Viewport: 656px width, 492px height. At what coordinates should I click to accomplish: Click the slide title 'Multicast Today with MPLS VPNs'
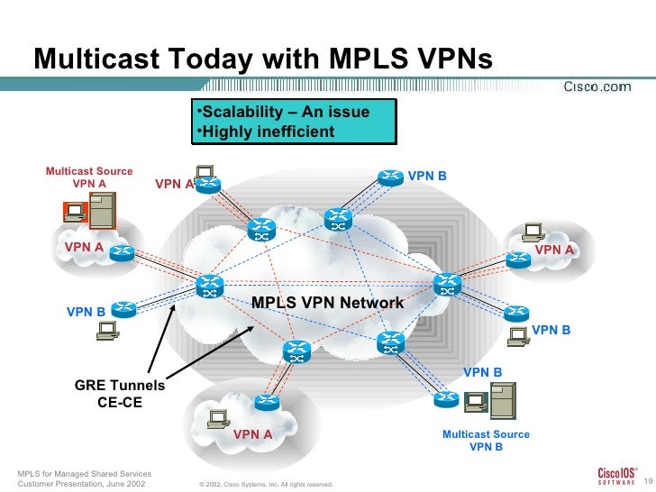pos(263,59)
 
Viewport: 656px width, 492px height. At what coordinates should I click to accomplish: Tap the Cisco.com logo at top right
pos(597,87)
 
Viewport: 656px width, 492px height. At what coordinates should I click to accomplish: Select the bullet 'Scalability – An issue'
pos(284,113)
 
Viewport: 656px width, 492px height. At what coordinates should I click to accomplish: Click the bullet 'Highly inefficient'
pos(266,132)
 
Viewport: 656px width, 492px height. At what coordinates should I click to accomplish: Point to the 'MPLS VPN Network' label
pos(327,303)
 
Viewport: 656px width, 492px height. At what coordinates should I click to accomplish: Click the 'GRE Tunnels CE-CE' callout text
pos(120,393)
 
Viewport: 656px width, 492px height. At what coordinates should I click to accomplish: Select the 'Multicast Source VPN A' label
pos(89,178)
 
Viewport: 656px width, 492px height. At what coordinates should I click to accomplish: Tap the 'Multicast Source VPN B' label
pos(486,440)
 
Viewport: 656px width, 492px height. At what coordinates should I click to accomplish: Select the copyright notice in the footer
pos(266,484)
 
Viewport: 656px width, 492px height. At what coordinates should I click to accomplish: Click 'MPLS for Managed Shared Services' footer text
pos(84,474)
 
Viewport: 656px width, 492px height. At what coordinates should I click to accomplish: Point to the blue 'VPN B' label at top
pos(427,177)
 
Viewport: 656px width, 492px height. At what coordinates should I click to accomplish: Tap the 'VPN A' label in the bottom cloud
pos(252,434)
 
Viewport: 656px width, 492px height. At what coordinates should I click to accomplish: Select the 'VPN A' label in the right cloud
pos(554,250)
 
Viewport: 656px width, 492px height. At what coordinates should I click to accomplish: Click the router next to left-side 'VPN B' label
pos(123,309)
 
